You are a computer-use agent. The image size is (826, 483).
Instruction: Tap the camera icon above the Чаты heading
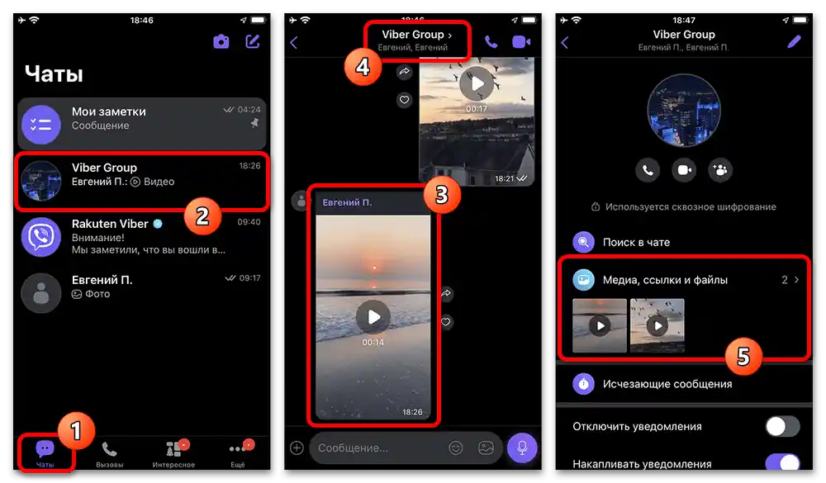click(x=221, y=41)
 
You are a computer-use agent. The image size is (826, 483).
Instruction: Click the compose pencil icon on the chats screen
click(x=252, y=41)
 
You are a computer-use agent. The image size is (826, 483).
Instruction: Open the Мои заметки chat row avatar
click(x=41, y=125)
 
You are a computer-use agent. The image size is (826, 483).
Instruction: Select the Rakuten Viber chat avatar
click(x=41, y=237)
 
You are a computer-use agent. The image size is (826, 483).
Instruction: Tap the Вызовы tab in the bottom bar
click(x=109, y=454)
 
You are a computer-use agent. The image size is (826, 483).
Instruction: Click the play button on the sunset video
click(x=373, y=316)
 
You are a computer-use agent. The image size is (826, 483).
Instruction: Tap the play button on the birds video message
click(x=476, y=83)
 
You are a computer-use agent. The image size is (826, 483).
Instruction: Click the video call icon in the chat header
click(x=520, y=42)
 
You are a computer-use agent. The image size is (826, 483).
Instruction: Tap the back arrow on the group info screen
click(x=565, y=42)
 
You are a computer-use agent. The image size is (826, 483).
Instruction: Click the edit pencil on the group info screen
click(x=795, y=42)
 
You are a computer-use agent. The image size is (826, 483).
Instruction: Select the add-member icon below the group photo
click(x=719, y=170)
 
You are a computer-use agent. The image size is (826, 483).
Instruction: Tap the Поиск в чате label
click(x=637, y=242)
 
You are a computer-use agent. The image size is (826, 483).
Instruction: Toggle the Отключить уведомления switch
click(x=782, y=426)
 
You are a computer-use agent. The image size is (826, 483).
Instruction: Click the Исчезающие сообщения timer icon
click(x=584, y=384)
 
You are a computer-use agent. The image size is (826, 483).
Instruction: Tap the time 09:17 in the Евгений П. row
click(x=249, y=279)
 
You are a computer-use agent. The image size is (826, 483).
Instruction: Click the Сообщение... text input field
click(x=380, y=447)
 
